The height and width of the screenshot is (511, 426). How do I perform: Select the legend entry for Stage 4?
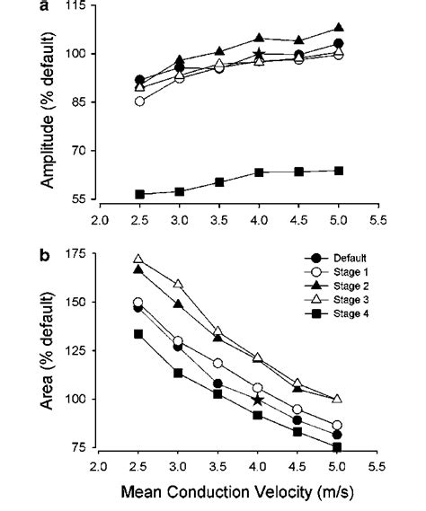(345, 313)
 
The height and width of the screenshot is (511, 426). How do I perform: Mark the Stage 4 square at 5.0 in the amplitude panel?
(337, 170)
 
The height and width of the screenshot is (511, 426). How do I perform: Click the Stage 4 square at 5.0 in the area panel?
(337, 447)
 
